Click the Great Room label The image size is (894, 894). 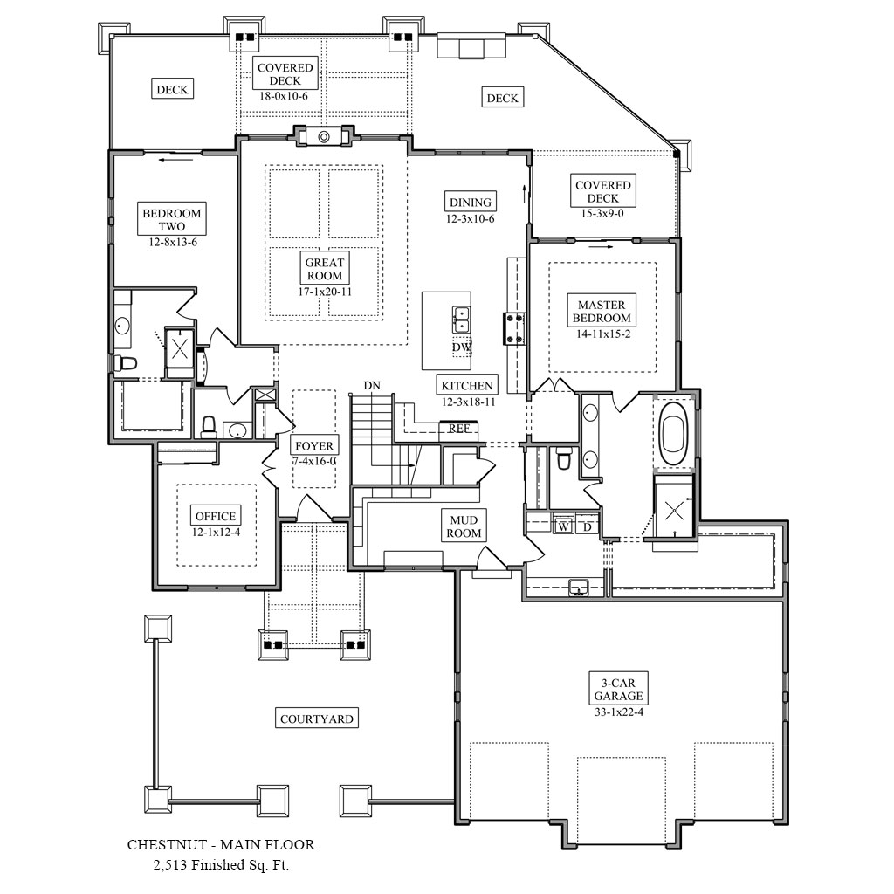pos(324,269)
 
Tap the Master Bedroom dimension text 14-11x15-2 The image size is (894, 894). pos(602,334)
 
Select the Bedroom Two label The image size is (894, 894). pos(172,220)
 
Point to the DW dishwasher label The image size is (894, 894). pos(461,347)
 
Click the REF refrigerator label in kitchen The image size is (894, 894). pos(459,429)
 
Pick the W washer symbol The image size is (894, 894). pos(563,526)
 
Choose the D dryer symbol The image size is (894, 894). pos(588,526)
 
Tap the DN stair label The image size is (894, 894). pos(372,385)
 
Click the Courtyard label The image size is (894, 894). pos(317,719)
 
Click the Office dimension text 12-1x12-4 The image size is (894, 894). pos(216,531)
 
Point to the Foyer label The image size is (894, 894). pos(313,446)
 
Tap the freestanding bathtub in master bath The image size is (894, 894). pos(674,433)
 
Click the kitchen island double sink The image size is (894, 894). pos(460,320)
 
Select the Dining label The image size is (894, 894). pos(471,202)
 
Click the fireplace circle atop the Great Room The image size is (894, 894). pos(323,137)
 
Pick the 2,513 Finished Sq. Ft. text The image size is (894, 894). pos(221,865)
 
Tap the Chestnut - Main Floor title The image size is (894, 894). pos(221,845)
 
